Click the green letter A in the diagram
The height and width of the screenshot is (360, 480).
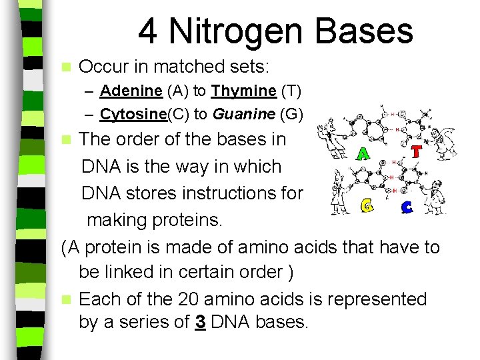(x=363, y=154)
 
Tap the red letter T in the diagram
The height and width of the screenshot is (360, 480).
(x=416, y=152)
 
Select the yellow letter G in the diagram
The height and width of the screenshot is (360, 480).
(x=366, y=206)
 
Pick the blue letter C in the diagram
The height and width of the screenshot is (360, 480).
(x=407, y=207)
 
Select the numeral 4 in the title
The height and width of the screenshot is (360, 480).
(x=148, y=31)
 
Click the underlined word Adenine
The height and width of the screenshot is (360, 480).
(x=131, y=91)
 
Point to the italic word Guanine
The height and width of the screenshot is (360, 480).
(x=243, y=115)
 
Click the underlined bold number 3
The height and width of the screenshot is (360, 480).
(x=199, y=323)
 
